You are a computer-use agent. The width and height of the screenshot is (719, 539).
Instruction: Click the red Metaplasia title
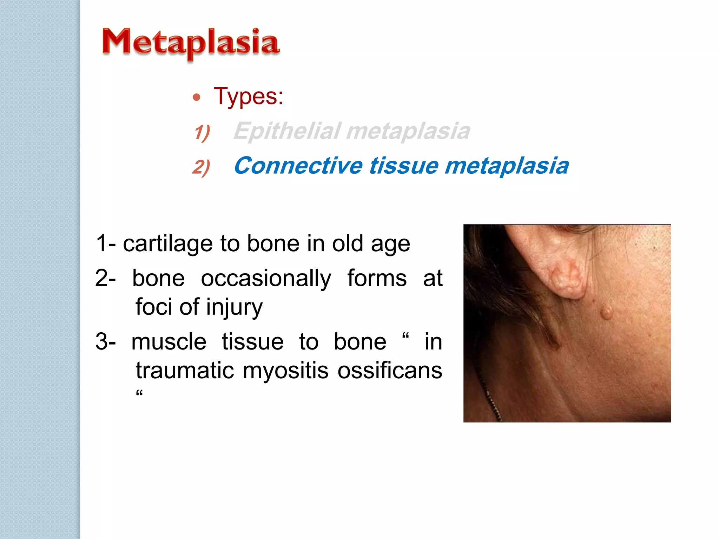pyautogui.click(x=191, y=43)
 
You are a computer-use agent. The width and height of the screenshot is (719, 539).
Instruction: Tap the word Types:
pyautogui.click(x=248, y=96)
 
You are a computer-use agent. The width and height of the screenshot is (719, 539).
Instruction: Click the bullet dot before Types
pyautogui.click(x=197, y=97)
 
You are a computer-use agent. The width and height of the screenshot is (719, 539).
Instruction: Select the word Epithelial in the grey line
pyautogui.click(x=287, y=131)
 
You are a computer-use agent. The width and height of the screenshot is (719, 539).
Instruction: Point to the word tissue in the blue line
pyautogui.click(x=404, y=166)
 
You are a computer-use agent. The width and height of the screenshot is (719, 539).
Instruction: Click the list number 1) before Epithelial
pyautogui.click(x=202, y=133)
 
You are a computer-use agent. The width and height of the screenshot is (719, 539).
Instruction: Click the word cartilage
pyautogui.click(x=168, y=244)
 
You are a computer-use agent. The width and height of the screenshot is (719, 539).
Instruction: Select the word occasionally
pyautogui.click(x=266, y=279)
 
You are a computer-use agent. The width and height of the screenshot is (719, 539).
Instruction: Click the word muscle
pyautogui.click(x=169, y=342)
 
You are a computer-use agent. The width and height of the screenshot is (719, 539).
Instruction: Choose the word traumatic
pyautogui.click(x=185, y=371)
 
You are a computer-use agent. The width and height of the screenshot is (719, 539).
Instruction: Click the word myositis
pyautogui.click(x=285, y=371)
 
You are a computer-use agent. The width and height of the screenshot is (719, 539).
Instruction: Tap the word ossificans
pyautogui.click(x=390, y=371)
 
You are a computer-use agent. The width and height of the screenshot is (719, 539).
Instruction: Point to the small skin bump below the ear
pyautogui.click(x=606, y=312)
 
